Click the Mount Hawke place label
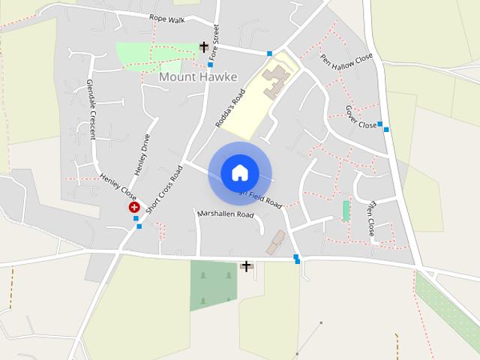click(198, 76)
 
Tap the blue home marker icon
click(239, 172)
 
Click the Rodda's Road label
click(230, 108)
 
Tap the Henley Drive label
click(142, 154)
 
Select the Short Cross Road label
click(165, 190)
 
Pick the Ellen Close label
click(370, 217)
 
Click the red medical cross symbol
click(134, 207)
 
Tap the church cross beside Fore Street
click(203, 46)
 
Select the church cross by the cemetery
click(246, 265)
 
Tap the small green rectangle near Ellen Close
click(346, 211)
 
